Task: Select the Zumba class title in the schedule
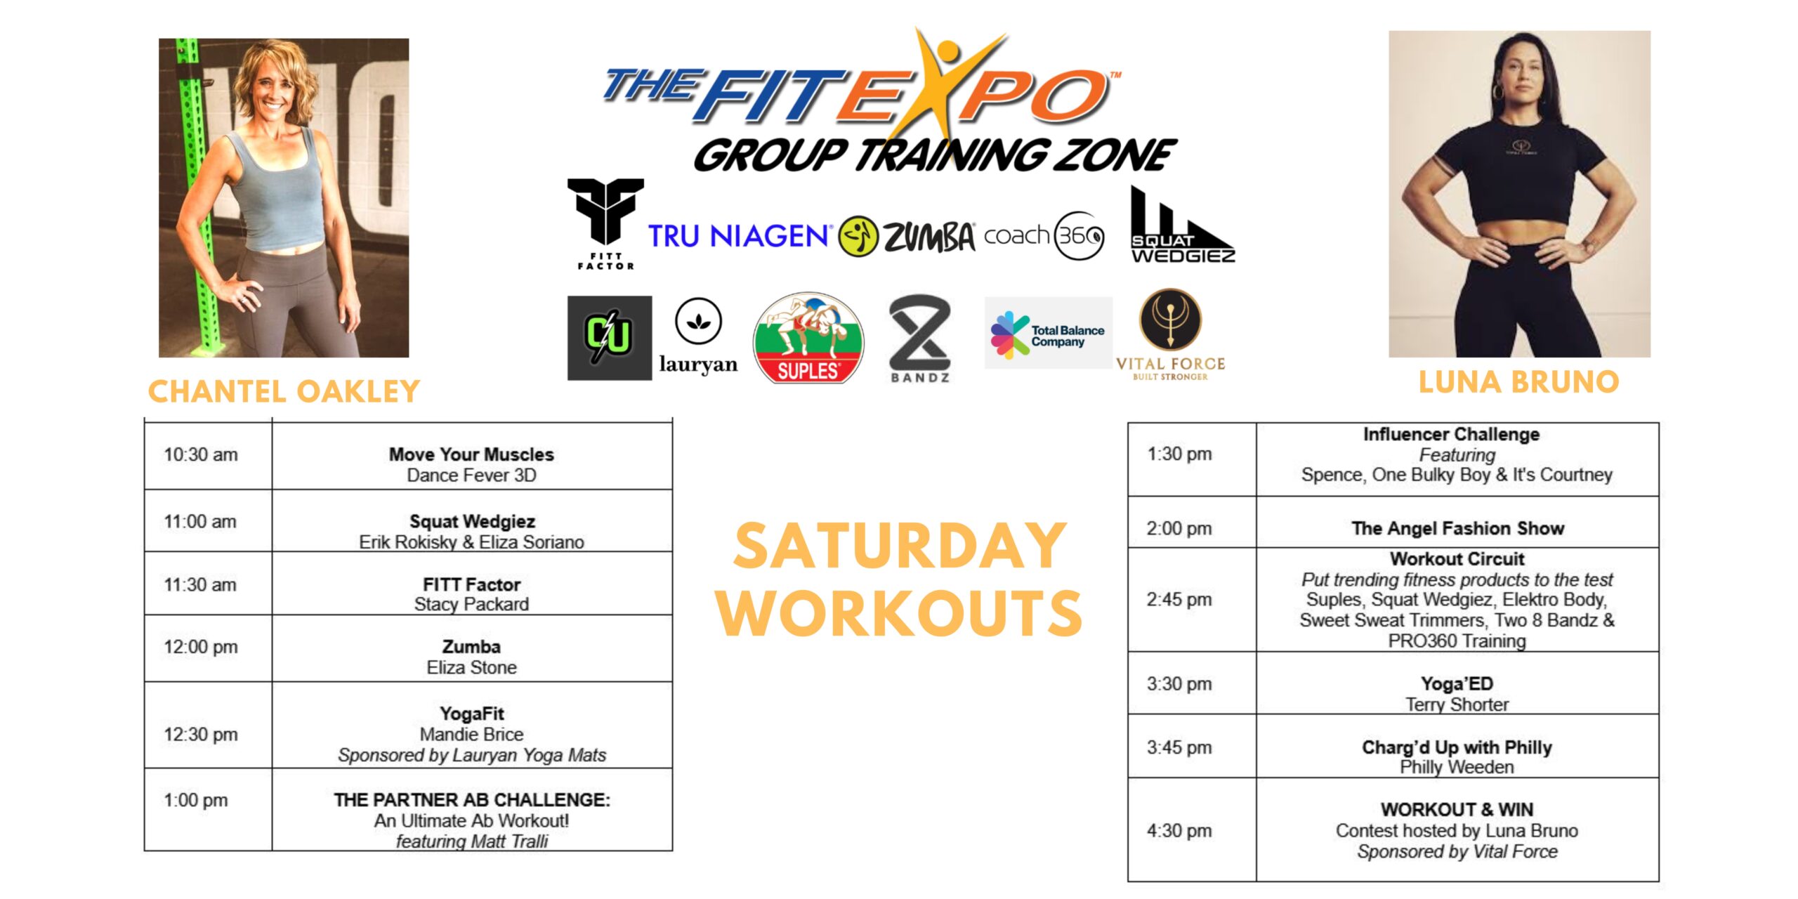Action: click(x=471, y=647)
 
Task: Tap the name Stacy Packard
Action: click(x=471, y=604)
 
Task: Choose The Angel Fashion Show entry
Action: click(x=1457, y=528)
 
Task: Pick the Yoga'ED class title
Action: click(x=1457, y=683)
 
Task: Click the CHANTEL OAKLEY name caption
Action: click(x=284, y=391)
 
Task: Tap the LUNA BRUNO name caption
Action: click(x=1519, y=382)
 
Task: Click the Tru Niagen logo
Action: click(x=740, y=237)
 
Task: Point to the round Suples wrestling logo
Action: click(x=808, y=338)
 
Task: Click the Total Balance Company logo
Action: click(x=1048, y=333)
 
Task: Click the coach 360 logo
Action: click(x=1044, y=236)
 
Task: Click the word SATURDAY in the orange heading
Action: click(x=900, y=546)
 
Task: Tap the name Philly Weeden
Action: click(x=1457, y=767)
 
